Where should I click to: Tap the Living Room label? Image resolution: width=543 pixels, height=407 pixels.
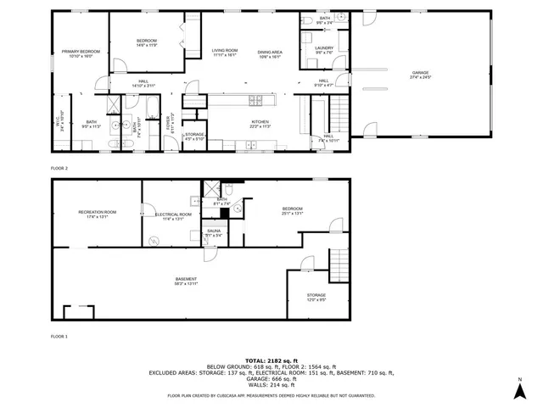pos(224,53)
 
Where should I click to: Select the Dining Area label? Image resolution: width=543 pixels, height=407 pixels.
pos(270,53)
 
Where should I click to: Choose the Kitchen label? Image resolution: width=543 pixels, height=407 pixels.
pos(260,124)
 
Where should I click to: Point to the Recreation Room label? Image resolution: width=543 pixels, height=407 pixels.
pos(97,213)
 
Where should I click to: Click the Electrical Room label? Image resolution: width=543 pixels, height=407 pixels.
pos(171,217)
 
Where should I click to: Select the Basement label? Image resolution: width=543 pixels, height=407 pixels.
pos(186,281)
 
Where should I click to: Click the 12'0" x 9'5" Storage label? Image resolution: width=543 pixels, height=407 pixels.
pos(316,297)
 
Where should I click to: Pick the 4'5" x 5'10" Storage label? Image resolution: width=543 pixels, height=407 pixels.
pos(194,137)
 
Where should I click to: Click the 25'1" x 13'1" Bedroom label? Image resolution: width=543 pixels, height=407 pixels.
pos(292,210)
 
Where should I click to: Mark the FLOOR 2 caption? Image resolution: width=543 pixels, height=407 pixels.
pos(59,168)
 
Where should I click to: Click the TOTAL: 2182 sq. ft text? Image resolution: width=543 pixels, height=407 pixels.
pos(271,360)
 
